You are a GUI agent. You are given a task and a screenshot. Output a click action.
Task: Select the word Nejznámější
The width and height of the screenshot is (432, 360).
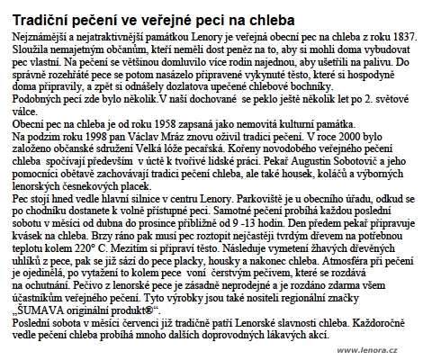pyautogui.click(x=35, y=34)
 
